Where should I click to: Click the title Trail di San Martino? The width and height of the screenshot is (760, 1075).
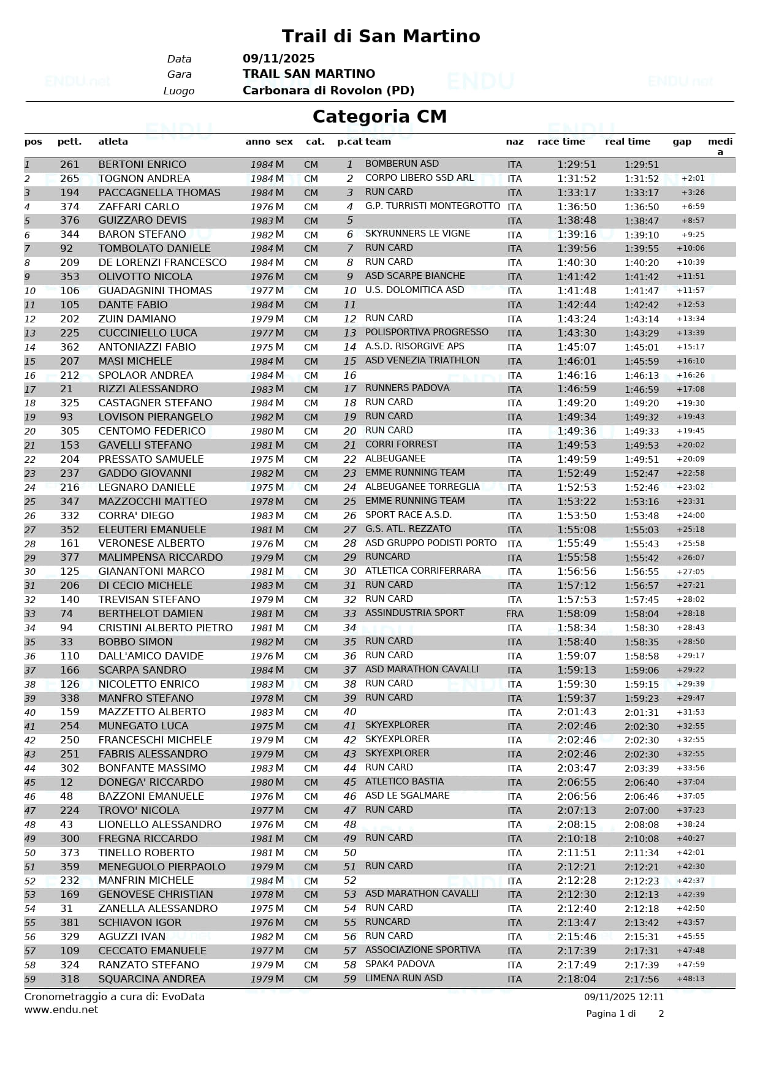coord(381,36)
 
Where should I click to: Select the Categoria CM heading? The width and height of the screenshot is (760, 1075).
coord(379,116)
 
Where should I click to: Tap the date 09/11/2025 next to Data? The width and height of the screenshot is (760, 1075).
coord(278,59)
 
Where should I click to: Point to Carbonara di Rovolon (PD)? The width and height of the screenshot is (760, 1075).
coord(329,91)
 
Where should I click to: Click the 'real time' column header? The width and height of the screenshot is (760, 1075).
coord(627,142)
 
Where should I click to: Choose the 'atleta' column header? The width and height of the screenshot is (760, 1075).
coord(113,142)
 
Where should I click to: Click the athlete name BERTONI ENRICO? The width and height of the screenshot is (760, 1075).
coord(142,165)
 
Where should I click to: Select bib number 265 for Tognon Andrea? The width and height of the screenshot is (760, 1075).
coord(70,179)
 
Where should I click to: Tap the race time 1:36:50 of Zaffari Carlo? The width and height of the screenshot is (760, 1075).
coord(576,207)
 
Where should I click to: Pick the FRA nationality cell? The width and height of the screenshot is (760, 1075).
coord(514,614)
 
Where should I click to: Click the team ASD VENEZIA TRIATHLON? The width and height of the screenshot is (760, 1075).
coord(422,360)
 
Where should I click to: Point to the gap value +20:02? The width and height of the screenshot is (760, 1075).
coord(690,446)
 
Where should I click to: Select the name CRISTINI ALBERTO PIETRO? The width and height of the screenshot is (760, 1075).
coord(165,628)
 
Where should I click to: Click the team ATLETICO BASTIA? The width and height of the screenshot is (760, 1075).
coord(404,781)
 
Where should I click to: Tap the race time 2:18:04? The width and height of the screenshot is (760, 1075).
coord(576,979)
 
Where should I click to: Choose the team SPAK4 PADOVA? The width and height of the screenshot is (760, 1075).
coord(400,964)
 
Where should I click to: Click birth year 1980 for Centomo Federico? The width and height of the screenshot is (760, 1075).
coord(262,431)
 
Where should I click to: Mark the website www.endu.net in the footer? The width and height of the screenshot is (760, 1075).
coord(61,1010)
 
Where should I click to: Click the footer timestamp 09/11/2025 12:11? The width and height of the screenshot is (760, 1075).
coord(623,997)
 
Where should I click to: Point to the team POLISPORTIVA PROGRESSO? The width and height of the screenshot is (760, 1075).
coord(427,332)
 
